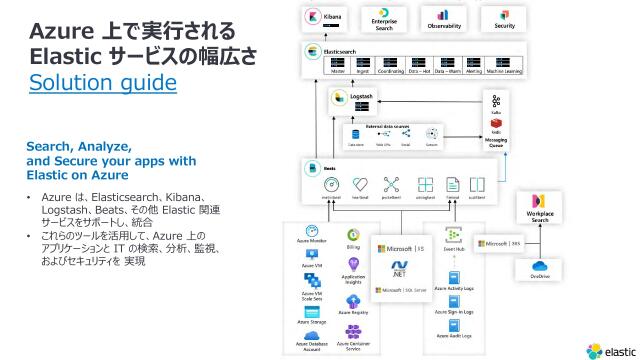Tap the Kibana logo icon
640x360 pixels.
pos(317,18)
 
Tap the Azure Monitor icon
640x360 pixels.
pos(312,233)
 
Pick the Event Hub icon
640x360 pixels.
pos(454,236)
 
